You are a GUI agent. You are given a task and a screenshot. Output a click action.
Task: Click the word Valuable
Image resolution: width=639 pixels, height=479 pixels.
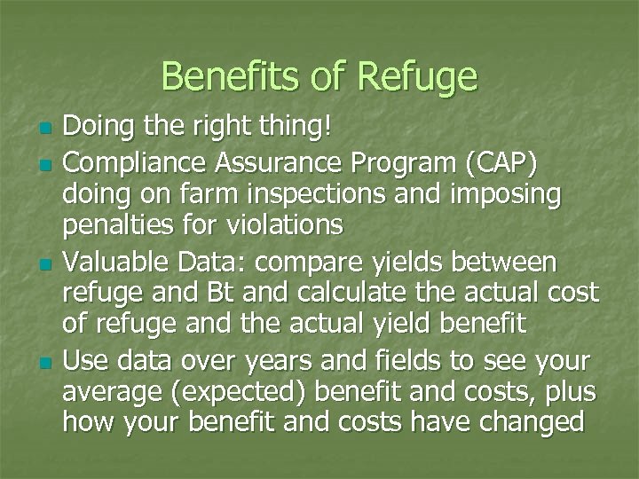pyautogui.click(x=113, y=263)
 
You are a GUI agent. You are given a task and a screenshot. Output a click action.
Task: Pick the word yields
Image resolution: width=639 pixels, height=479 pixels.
pyautogui.click(x=410, y=263)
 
